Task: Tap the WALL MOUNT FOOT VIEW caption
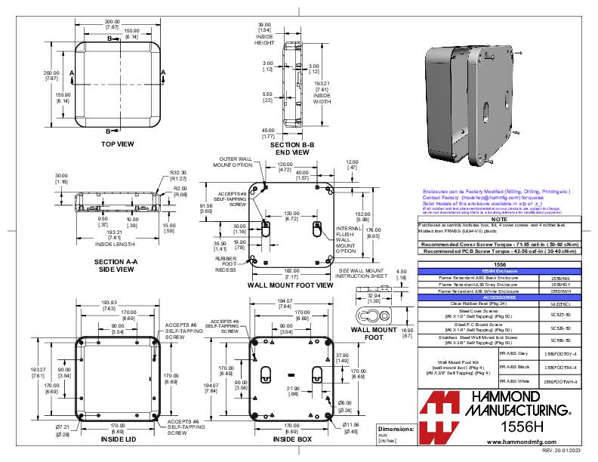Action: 290,286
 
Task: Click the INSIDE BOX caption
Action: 291,439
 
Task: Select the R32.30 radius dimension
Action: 178,173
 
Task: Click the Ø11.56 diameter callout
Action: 351,428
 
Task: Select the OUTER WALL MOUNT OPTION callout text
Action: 234,163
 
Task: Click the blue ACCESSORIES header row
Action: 493,297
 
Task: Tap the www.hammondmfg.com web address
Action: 502,439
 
